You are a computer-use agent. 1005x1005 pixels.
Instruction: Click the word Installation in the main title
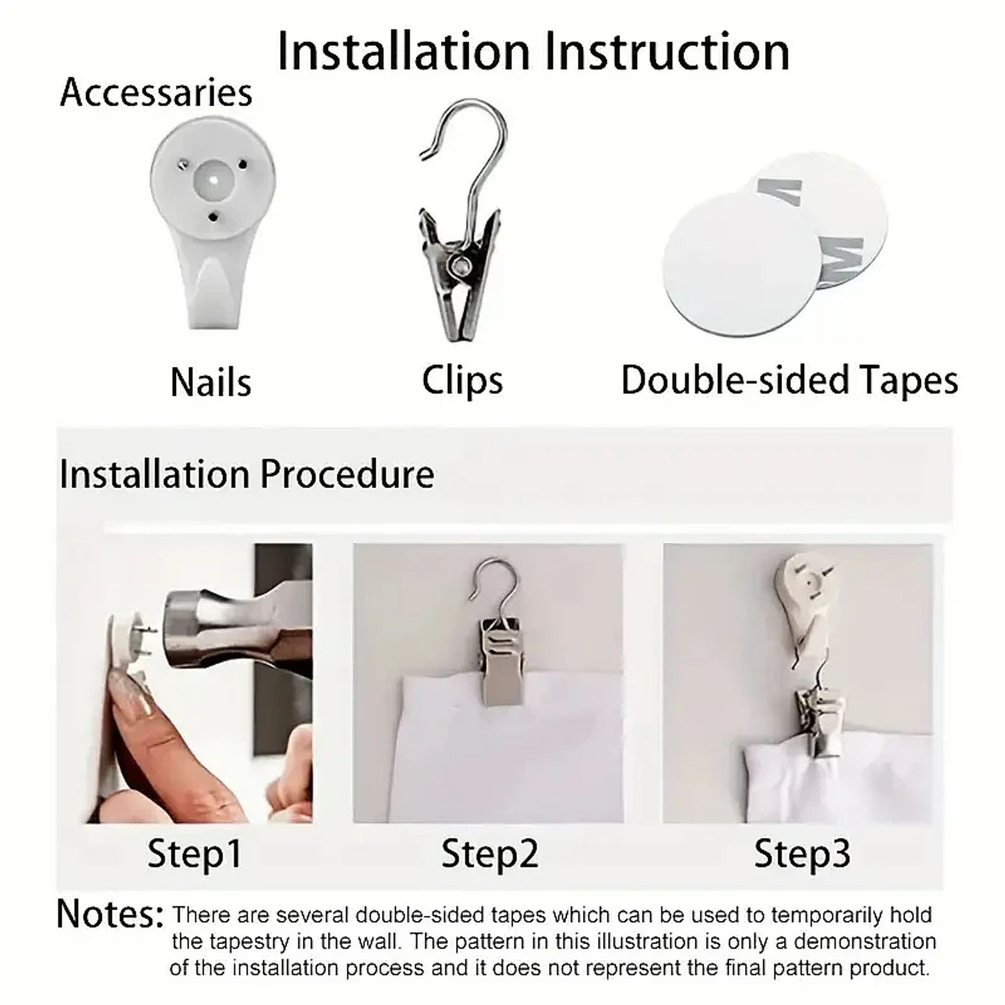click(x=404, y=52)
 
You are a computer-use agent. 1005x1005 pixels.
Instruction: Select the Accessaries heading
click(x=156, y=93)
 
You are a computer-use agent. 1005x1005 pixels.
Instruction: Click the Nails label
click(x=211, y=383)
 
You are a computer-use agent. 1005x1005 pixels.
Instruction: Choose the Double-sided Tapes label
click(x=790, y=380)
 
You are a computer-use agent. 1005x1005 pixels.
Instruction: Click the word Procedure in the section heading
click(x=347, y=475)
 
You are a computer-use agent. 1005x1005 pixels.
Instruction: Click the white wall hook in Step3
click(x=805, y=607)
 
